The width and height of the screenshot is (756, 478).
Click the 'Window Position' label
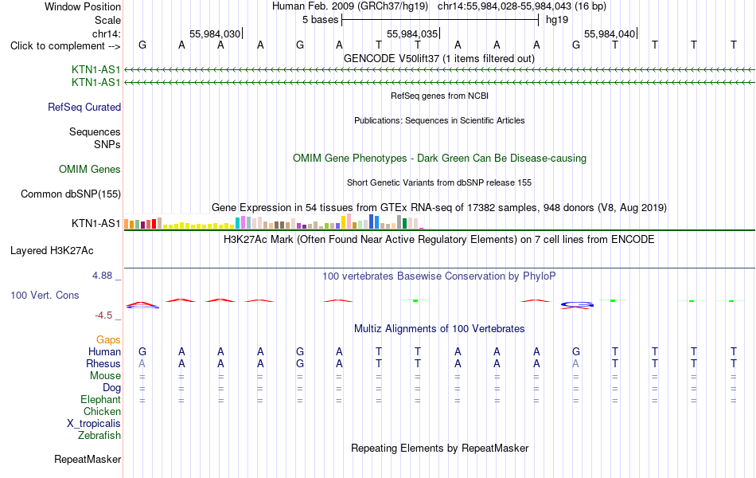[83, 6]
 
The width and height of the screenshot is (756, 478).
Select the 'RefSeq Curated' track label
[84, 108]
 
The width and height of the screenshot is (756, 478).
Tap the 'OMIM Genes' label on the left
[90, 170]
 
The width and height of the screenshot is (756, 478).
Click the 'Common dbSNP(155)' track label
[71, 194]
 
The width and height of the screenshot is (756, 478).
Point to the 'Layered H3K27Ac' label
[52, 251]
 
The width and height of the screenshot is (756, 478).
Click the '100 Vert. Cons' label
[45, 295]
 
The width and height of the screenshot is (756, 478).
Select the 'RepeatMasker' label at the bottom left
[88, 459]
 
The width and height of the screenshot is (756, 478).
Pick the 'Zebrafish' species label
[99, 436]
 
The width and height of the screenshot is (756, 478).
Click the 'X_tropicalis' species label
[94, 424]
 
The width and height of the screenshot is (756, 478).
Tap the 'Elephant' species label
[101, 400]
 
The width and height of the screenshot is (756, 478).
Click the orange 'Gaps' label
[108, 340]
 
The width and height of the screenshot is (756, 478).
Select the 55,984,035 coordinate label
[412, 33]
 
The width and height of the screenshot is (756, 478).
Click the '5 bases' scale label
[321, 20]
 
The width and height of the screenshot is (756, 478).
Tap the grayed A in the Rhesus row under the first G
[142, 363]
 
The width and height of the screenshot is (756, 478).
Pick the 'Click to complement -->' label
[65, 46]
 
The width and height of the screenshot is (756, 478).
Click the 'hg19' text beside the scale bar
[557, 20]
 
